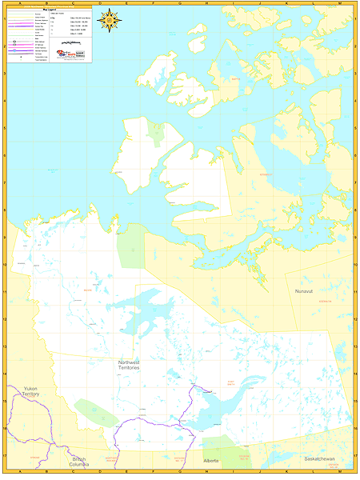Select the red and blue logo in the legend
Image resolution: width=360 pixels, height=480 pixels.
[66, 53]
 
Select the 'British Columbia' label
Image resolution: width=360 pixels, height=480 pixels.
[78, 462]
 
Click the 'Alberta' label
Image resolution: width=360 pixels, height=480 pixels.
[211, 462]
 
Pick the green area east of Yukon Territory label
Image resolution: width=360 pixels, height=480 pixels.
[96, 412]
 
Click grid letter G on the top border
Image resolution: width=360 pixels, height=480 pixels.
[180, 3]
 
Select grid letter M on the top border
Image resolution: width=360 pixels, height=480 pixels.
[338, 3]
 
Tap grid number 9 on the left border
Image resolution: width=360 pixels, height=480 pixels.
[3, 238]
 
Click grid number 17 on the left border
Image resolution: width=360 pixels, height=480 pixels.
[3, 456]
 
